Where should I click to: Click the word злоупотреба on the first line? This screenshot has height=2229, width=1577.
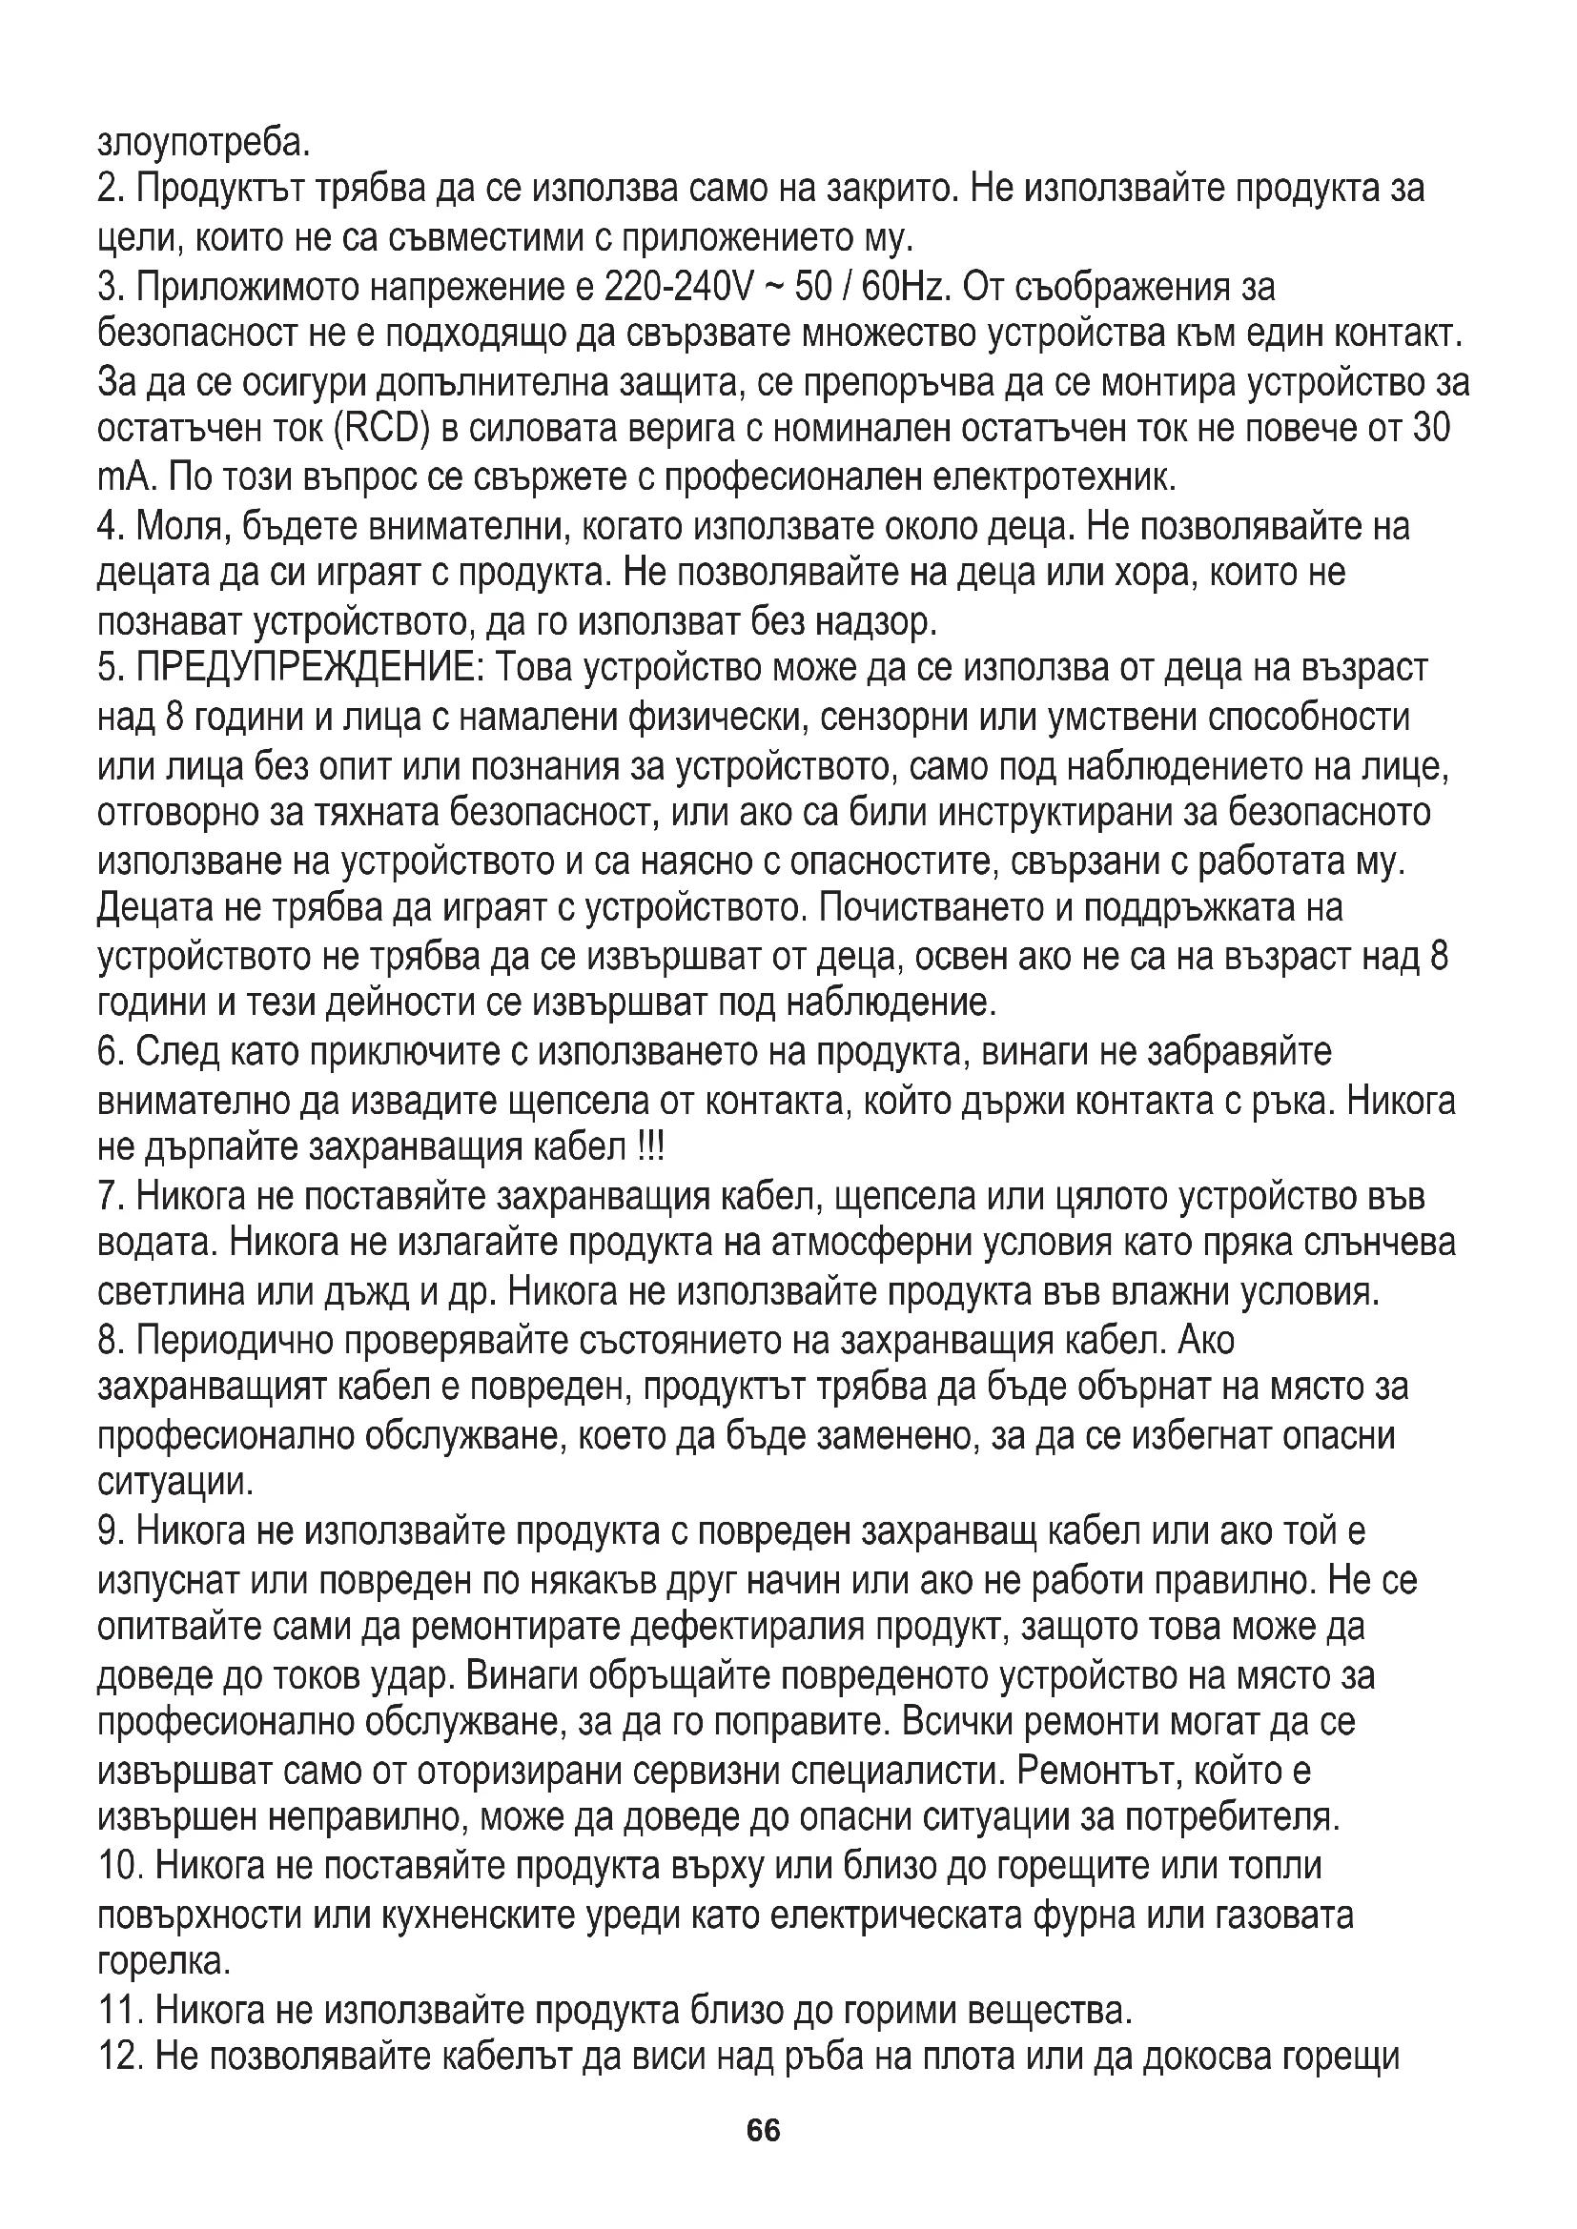[x=203, y=143]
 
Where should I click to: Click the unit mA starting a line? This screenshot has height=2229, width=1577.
[x=127, y=477]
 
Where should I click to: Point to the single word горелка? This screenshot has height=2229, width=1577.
[x=164, y=1963]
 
